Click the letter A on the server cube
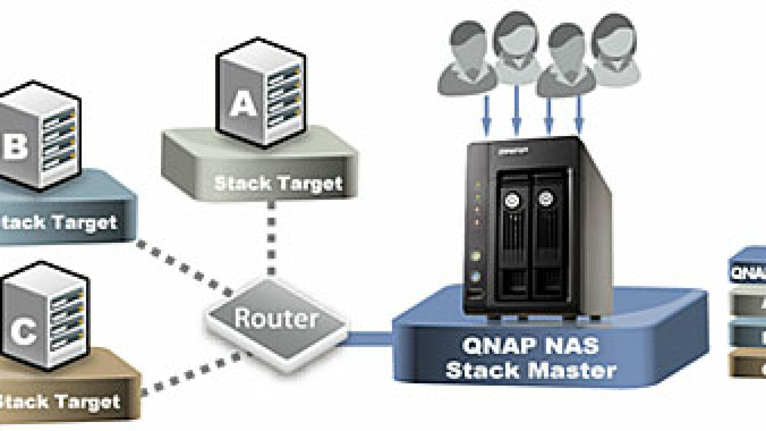point(243,104)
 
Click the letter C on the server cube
point(23,330)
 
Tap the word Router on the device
point(276,318)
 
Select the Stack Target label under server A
point(278,183)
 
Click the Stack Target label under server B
point(58,223)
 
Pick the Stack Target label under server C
point(59,402)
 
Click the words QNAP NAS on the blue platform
point(530,346)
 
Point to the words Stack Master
point(530,370)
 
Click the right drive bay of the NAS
point(548,235)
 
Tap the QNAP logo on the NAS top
point(513,151)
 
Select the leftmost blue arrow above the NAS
point(486,114)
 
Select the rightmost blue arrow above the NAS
point(579,114)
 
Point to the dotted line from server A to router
point(271,239)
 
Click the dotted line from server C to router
point(191,374)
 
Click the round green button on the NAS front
point(475,256)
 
